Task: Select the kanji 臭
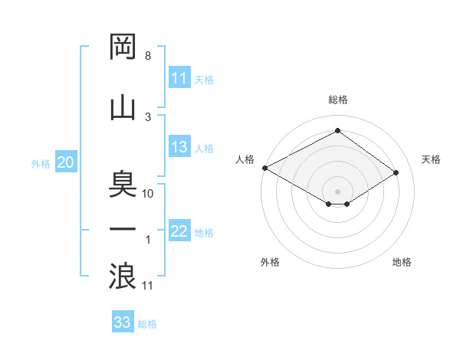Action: point(123,184)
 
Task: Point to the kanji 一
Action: point(123,229)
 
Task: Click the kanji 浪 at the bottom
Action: point(123,275)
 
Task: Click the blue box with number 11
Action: point(179,78)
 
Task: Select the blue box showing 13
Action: point(179,147)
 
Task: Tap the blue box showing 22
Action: point(179,231)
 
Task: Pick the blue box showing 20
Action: point(66,162)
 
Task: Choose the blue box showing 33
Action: point(123,322)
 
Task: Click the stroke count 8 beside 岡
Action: point(147,56)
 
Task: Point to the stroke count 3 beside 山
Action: point(148,116)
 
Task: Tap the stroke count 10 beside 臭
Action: point(148,193)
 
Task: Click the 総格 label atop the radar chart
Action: point(337,100)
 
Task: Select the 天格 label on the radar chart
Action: point(432,159)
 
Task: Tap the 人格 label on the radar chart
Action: point(245,159)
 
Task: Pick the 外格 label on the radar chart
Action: point(270,262)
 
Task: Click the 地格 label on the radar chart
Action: point(402,262)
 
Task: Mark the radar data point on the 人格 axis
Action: point(264,168)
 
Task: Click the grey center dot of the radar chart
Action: point(337,190)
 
